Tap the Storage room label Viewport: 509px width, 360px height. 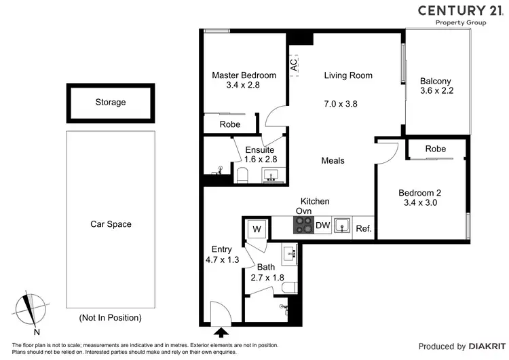coord(110,103)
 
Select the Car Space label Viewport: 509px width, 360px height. coord(111,224)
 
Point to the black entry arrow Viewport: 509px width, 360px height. coord(221,332)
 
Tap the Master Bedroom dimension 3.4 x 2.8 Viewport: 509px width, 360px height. coord(244,86)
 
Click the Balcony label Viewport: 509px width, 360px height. coord(436,80)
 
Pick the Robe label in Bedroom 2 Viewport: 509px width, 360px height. coord(436,149)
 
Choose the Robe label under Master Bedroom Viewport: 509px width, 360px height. coord(229,124)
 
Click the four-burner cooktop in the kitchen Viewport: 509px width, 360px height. coord(303,225)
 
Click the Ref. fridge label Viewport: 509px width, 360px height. coord(364,228)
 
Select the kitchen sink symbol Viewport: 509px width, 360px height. coord(343,225)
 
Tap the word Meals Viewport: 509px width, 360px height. coord(333,160)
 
